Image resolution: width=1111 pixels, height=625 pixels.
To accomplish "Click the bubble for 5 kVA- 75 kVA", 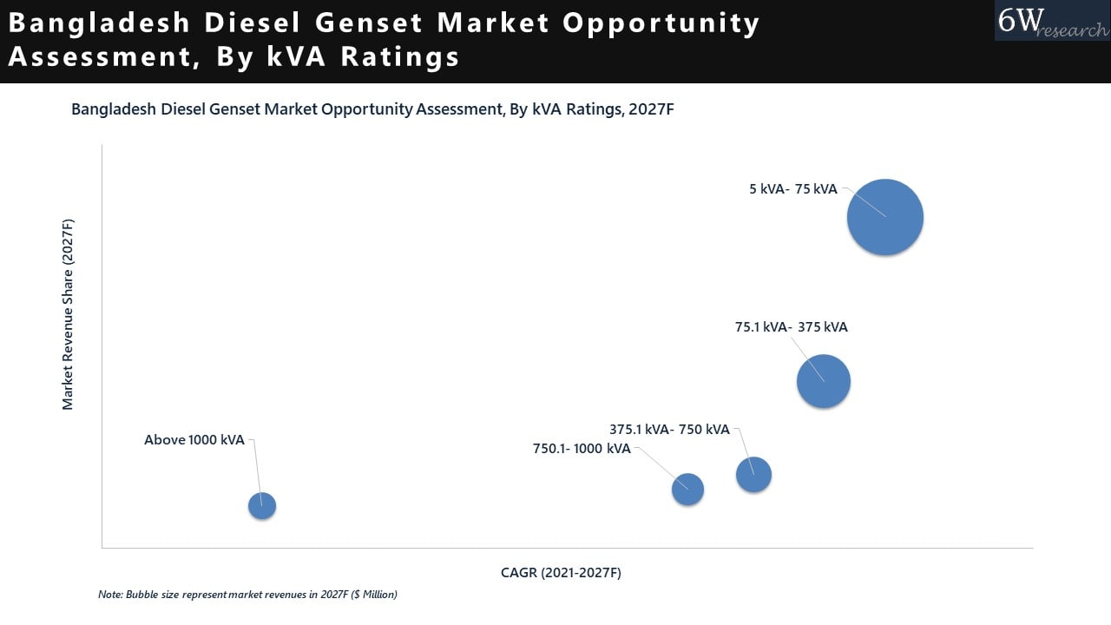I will (884, 217).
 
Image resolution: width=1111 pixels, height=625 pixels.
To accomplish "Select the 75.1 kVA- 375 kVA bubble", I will (823, 381).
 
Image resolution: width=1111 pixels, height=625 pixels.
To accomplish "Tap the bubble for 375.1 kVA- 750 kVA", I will (753, 474).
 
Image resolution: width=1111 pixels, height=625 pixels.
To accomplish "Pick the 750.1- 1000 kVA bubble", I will (687, 490).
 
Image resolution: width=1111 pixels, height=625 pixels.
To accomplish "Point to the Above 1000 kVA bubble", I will (262, 505).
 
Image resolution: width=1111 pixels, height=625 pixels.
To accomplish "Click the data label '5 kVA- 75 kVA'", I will (793, 188).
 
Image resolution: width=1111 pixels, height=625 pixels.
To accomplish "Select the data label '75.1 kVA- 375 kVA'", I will (791, 327).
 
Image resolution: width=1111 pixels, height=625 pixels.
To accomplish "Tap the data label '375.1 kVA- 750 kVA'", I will (669, 429).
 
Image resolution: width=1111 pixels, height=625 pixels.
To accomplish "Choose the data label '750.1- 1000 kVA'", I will (582, 449).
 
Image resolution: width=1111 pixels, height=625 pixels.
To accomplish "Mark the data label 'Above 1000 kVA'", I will (194, 440).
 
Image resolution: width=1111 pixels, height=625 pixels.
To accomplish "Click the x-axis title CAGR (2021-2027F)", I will (561, 573).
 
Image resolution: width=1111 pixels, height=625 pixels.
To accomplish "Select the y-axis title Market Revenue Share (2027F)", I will (68, 314).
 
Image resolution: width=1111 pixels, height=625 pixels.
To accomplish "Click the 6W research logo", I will (1051, 21).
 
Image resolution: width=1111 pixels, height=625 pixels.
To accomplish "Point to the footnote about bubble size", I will (247, 595).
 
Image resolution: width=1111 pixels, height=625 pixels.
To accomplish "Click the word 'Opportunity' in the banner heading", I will (661, 23).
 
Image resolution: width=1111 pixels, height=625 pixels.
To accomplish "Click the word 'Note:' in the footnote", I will (110, 595).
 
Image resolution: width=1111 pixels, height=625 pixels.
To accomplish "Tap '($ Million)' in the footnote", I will (373, 595).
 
